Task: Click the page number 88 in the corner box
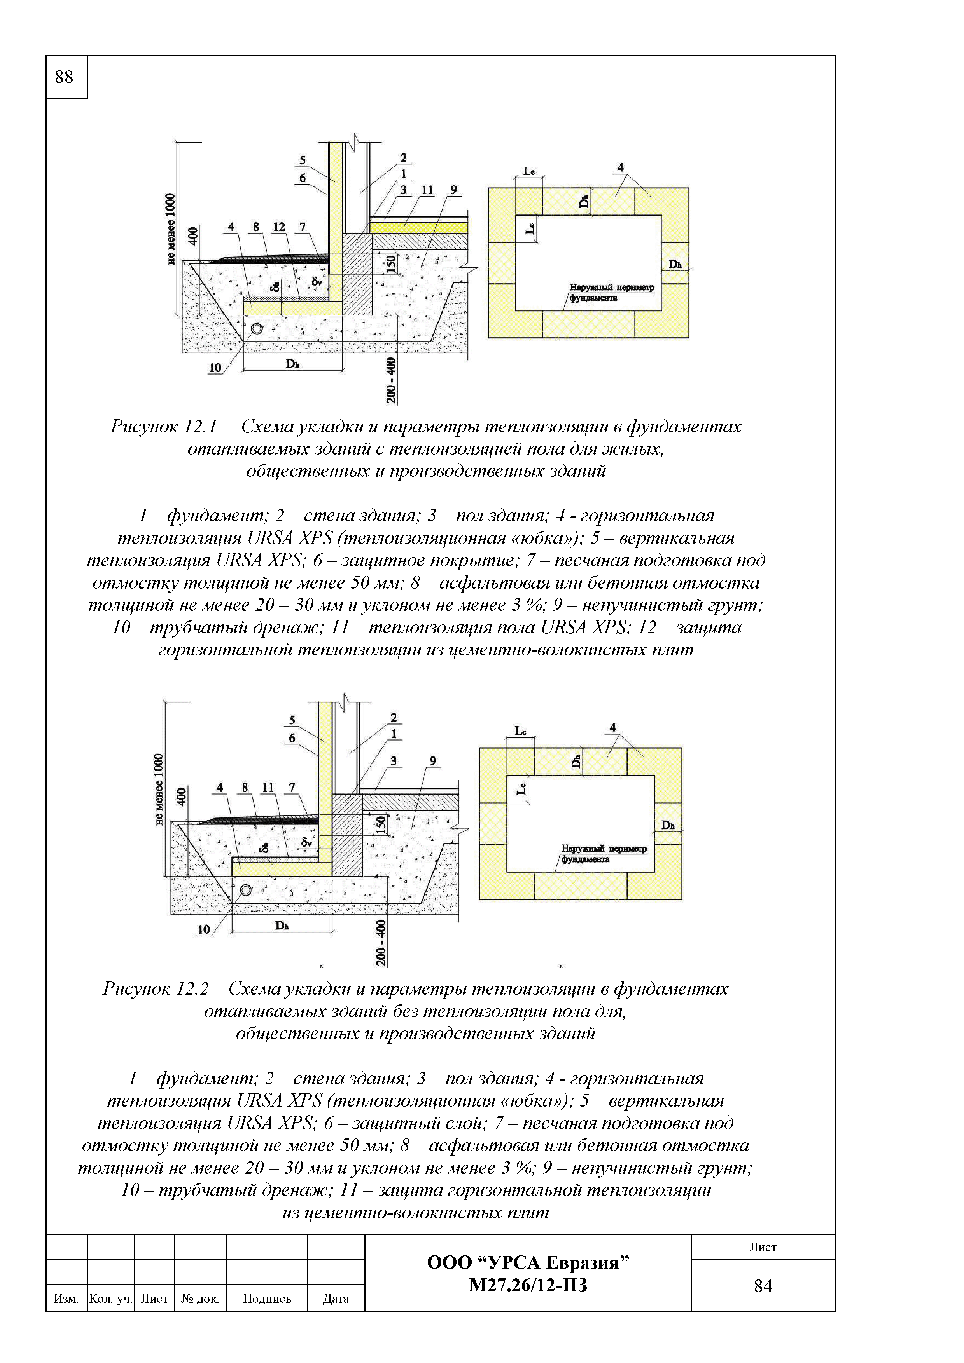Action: pyautogui.click(x=64, y=77)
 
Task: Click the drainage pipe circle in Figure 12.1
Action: pyautogui.click(x=257, y=328)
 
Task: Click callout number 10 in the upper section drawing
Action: pyautogui.click(x=214, y=368)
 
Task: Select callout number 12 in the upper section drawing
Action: pyautogui.click(x=279, y=227)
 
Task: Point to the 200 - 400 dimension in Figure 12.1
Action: pyautogui.click(x=391, y=380)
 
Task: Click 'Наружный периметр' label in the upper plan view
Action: pyautogui.click(x=611, y=287)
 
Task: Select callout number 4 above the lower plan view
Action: pyautogui.click(x=612, y=727)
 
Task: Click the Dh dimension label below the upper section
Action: pyautogui.click(x=292, y=364)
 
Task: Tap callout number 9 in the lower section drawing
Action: pyautogui.click(x=433, y=761)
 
